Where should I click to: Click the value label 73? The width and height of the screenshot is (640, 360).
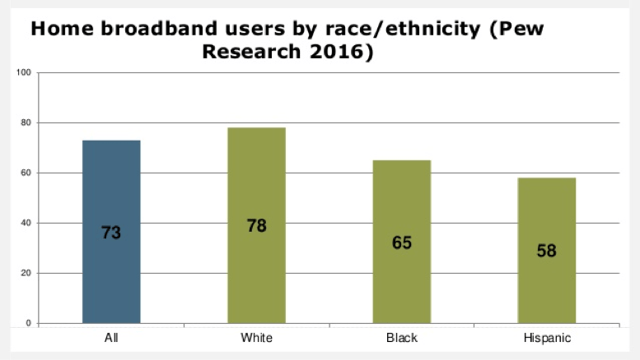click(x=111, y=233)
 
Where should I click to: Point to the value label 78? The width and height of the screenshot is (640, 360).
click(x=256, y=226)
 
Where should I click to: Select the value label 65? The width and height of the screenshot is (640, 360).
click(x=401, y=242)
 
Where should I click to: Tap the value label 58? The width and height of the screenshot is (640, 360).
click(x=546, y=251)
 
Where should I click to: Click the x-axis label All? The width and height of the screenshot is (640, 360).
click(x=111, y=338)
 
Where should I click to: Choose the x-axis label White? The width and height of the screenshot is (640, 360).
click(x=256, y=338)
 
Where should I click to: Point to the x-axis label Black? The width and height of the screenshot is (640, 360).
click(x=401, y=338)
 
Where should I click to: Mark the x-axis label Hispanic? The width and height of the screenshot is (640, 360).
click(x=546, y=338)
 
